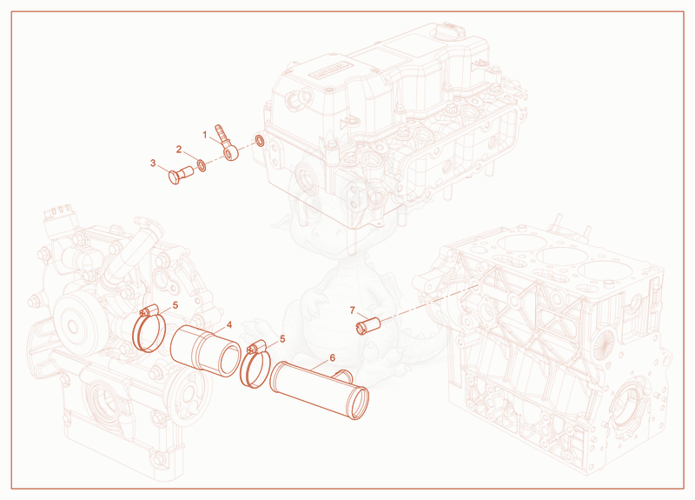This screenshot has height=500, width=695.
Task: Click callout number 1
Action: (205, 135)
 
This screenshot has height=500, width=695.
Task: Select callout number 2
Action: (179, 150)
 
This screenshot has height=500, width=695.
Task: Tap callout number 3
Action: (153, 163)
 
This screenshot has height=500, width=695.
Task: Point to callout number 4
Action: (229, 325)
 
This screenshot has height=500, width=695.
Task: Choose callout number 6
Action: (333, 357)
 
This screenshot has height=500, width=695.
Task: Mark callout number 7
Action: (353, 310)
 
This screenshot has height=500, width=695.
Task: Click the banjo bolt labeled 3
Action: (181, 174)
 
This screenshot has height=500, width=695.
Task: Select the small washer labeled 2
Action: (202, 165)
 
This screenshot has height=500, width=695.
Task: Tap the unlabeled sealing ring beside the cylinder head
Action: (260, 141)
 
